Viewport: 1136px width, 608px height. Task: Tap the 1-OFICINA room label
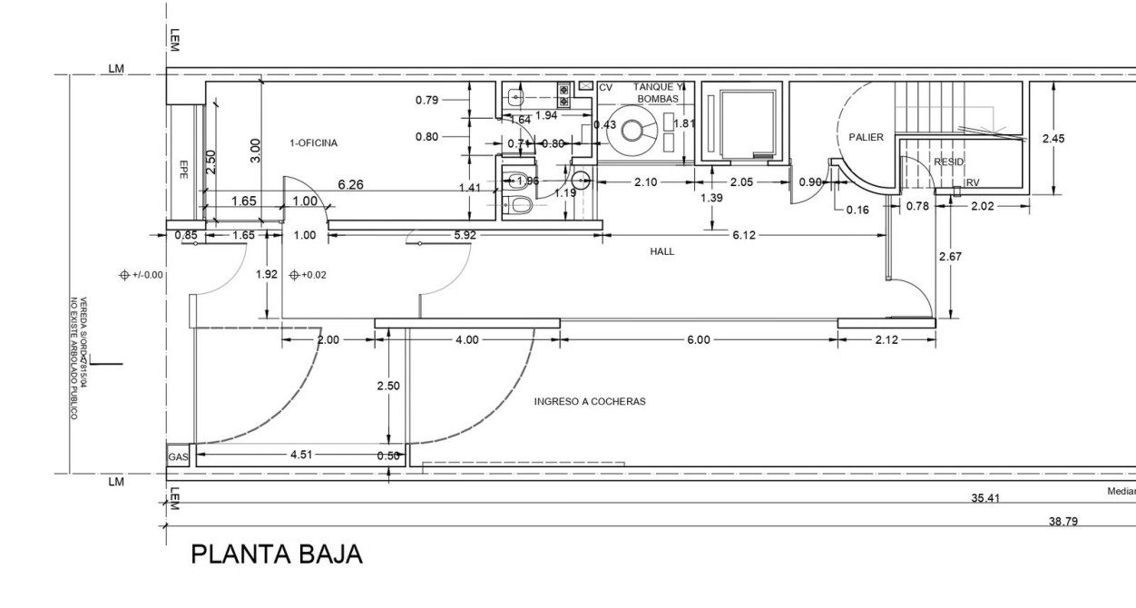[x=313, y=143]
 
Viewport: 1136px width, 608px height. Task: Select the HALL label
[x=662, y=252]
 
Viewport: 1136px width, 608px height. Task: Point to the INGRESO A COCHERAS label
[x=590, y=401]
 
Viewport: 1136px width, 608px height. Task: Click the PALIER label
[x=866, y=137]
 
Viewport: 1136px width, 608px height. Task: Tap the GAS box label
[x=178, y=457]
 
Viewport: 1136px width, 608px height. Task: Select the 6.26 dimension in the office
[x=351, y=185]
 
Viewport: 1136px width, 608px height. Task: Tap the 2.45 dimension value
[x=1079, y=139]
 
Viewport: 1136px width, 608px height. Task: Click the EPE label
[x=183, y=168]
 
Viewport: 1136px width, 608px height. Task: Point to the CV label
[x=606, y=87]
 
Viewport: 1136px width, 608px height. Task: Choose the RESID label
[x=948, y=162]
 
